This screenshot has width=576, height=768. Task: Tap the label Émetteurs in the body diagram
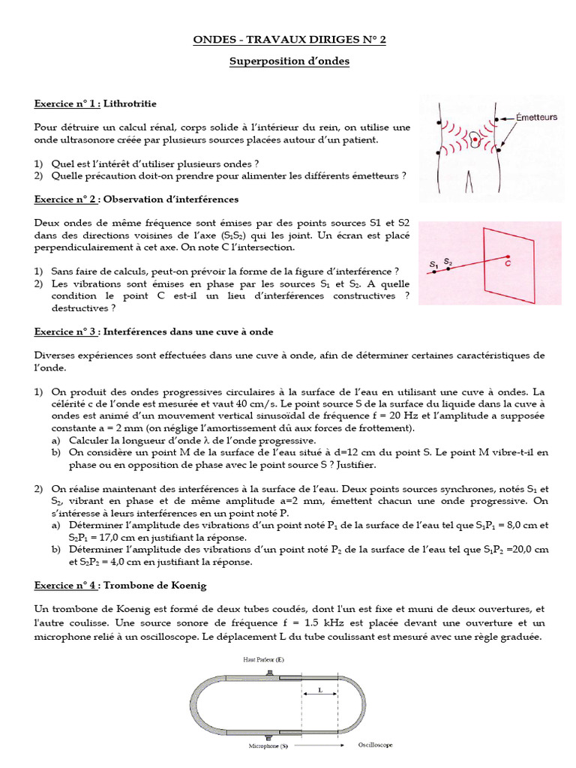536,117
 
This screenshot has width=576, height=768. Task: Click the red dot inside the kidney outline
475,139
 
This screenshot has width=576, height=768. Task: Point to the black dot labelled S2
448,268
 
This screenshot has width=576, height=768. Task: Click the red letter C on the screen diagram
508,265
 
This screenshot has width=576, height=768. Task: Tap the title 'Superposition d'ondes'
289,61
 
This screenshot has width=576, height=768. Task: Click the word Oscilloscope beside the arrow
375,745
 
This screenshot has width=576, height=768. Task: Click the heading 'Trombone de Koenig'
154,584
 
